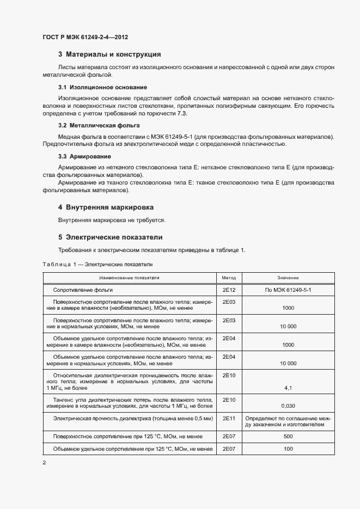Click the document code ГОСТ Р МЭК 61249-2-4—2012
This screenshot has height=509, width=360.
tap(85, 38)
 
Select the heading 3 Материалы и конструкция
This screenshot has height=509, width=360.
tap(109, 54)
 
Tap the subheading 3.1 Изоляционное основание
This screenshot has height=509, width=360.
tap(102, 87)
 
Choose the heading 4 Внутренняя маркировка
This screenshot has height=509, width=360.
tap(106, 207)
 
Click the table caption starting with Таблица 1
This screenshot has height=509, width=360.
tap(97, 264)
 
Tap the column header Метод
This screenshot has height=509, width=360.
tap(229, 278)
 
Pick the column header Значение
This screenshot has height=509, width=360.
tap(288, 278)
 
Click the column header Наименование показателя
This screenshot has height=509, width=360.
tap(129, 278)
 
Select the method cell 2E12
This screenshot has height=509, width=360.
tap(229, 290)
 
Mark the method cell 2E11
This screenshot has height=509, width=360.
tap(229, 418)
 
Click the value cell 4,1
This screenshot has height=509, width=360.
tap(288, 388)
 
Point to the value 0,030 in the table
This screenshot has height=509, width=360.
tap(288, 406)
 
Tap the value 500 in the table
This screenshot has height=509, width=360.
tap(288, 437)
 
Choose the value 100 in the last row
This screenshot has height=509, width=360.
tap(288, 449)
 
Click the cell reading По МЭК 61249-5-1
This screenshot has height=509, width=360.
tap(288, 290)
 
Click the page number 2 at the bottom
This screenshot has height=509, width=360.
tap(44, 463)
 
